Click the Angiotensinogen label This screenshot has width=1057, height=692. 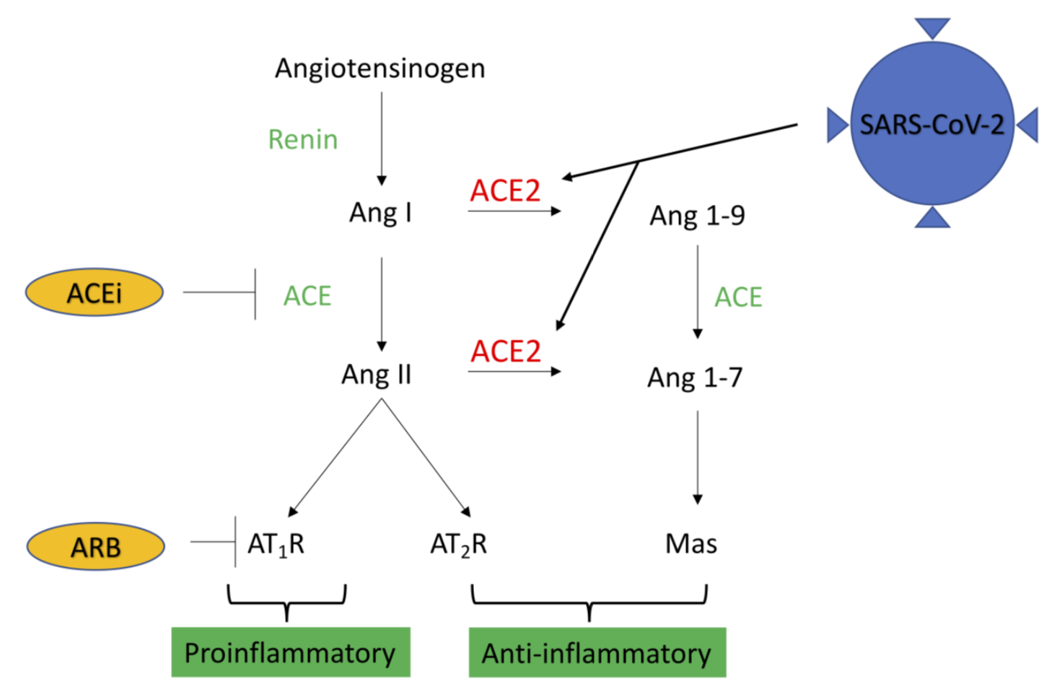coord(380,69)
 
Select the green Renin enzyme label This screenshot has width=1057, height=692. coord(302,139)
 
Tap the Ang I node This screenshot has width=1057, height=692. coord(380,213)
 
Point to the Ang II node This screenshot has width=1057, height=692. coord(376,375)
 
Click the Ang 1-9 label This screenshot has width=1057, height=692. coord(697,216)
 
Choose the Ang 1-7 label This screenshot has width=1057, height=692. coord(694,377)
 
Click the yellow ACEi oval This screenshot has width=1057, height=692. coord(95,293)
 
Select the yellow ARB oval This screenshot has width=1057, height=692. coord(95,547)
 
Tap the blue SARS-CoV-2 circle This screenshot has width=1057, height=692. coord(931,124)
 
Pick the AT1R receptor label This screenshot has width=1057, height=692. coord(276,544)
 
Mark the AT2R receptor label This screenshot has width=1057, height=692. coord(458,544)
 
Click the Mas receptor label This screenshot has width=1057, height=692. coord(690,543)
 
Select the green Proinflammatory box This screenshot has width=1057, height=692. coord(290,652)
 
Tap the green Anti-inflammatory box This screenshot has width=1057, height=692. coord(597,653)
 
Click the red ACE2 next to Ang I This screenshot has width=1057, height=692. coord(505,191)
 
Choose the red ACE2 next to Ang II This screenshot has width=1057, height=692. coord(505,351)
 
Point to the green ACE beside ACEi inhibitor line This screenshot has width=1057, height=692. coord(307,296)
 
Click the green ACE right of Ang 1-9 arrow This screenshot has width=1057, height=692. coord(738,297)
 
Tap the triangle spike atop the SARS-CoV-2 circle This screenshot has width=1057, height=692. coord(932,27)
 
